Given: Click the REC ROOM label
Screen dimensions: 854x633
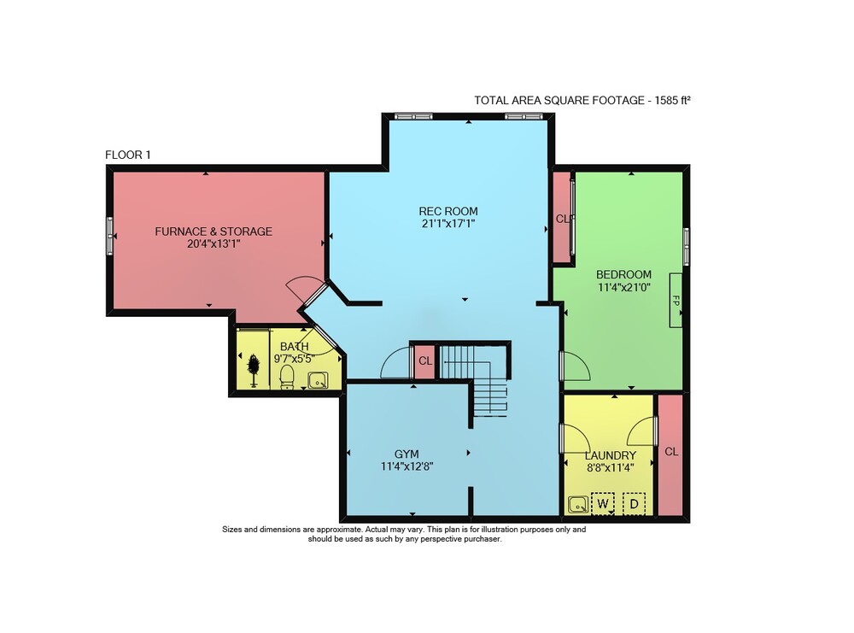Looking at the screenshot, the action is [448, 211].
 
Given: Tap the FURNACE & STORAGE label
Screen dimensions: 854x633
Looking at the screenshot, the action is [213, 231].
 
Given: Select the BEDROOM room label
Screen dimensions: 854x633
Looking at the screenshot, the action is [623, 274].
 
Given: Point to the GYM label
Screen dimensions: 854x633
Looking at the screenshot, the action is [407, 454].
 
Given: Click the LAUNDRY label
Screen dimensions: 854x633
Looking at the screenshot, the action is [610, 455].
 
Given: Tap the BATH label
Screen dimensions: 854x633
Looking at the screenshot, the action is [294, 347].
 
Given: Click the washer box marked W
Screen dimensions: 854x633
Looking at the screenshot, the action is [602, 504].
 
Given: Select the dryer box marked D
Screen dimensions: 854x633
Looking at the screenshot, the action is [634, 504].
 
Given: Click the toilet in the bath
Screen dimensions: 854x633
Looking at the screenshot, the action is [287, 377].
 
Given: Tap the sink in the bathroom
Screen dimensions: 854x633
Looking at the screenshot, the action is [318, 380].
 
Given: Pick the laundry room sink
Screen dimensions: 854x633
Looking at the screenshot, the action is [577, 505].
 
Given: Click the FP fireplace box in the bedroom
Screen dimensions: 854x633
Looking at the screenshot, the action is [676, 300].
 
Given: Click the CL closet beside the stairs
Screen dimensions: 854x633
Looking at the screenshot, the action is [425, 361].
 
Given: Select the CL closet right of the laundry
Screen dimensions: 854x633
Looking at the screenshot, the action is [671, 452].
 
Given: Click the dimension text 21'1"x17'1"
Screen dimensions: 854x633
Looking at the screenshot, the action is [448, 223].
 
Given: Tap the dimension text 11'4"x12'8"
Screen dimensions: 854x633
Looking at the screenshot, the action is [407, 466].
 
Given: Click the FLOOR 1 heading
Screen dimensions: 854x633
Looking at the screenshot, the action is [128, 155].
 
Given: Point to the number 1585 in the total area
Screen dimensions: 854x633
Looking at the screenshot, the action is [666, 100].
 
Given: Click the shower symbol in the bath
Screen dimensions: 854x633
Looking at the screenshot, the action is [254, 371].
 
